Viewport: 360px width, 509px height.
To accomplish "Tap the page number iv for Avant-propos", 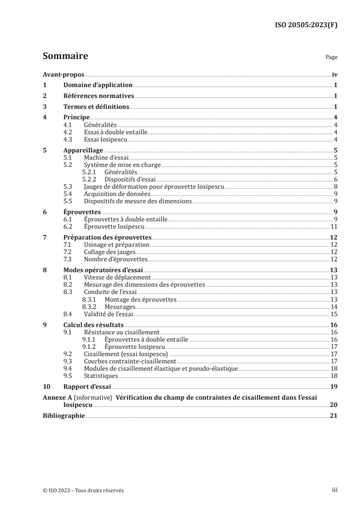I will (x=334, y=75).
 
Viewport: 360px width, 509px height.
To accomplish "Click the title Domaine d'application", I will (x=98, y=85).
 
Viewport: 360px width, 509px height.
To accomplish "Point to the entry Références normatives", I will (x=99, y=96).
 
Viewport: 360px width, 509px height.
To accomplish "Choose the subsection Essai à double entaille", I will (x=116, y=132).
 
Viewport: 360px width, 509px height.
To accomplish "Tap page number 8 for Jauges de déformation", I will (x=335, y=186).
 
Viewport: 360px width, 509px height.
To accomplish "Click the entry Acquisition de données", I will (x=117, y=194).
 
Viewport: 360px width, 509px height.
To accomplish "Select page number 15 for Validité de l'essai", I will (x=334, y=313).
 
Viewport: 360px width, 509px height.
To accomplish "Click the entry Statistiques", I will (x=101, y=376).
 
